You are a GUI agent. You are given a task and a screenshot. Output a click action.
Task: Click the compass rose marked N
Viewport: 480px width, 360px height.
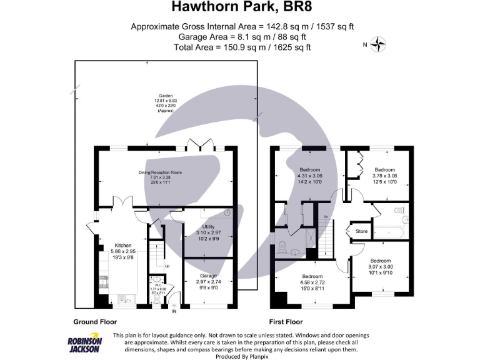pyautogui.click(x=379, y=44)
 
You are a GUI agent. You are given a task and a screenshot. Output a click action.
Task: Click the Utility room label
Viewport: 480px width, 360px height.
pyautogui.click(x=208, y=227)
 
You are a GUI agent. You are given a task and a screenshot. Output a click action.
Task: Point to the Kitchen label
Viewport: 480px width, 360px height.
pyautogui.click(x=122, y=246)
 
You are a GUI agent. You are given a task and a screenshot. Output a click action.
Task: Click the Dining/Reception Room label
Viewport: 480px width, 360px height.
pyautogui.click(x=160, y=172)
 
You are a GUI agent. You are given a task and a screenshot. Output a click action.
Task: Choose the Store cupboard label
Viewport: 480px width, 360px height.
pyautogui.click(x=362, y=231)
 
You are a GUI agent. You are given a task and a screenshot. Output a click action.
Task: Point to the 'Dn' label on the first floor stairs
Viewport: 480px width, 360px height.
pyautogui.click(x=326, y=217)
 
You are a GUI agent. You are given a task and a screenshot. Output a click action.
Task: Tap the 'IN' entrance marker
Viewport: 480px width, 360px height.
pyautogui.click(x=174, y=311)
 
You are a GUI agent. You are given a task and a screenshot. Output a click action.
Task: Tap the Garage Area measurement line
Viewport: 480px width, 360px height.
pyautogui.click(x=240, y=37)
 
